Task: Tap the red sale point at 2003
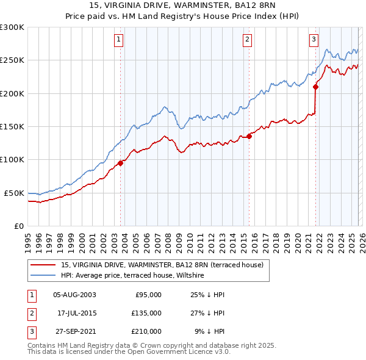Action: [121, 163]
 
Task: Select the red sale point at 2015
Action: [249, 137]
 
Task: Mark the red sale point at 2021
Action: [316, 87]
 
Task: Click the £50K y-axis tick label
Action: [14, 193]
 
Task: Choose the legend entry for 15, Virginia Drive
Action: [162, 265]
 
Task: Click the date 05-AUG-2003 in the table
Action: [74, 295]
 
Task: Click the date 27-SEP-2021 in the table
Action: [74, 331]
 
